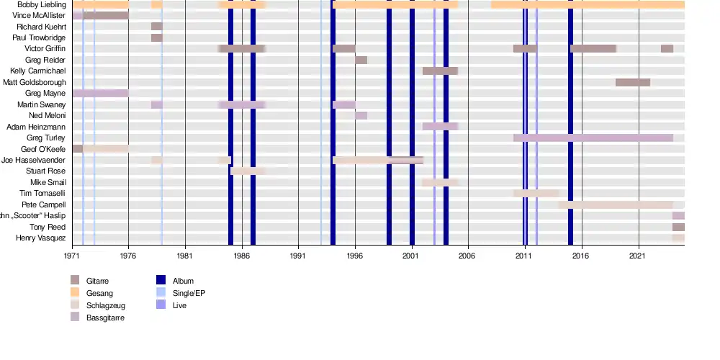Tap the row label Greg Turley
pyautogui.click(x=46, y=138)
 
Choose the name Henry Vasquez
pyautogui.click(x=42, y=238)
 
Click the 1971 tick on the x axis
pyautogui.click(x=72, y=256)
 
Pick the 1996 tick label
pyautogui.click(x=355, y=256)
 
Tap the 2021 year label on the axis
pyautogui.click(x=639, y=256)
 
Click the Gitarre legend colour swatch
pyautogui.click(x=75, y=280)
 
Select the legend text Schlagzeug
pyautogui.click(x=105, y=306)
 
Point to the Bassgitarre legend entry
pyautogui.click(x=105, y=318)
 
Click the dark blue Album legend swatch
pyautogui.click(x=161, y=280)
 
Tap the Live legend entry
pyautogui.click(x=180, y=306)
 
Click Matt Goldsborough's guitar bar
pyautogui.click(x=633, y=83)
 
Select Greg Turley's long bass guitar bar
pyautogui.click(x=593, y=138)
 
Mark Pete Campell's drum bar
pyautogui.click(x=615, y=204)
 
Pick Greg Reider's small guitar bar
pyautogui.click(x=361, y=60)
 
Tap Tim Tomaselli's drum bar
pyautogui.click(x=536, y=194)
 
